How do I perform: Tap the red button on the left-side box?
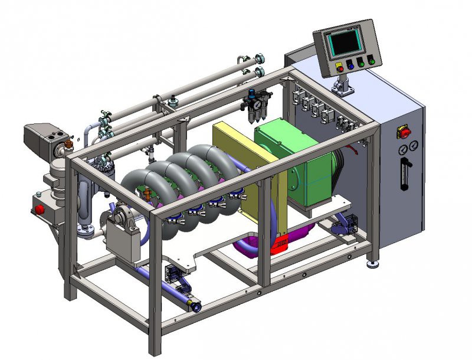click(40, 208)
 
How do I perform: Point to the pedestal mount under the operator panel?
click(343, 86)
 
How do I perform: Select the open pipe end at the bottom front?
click(194, 306)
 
